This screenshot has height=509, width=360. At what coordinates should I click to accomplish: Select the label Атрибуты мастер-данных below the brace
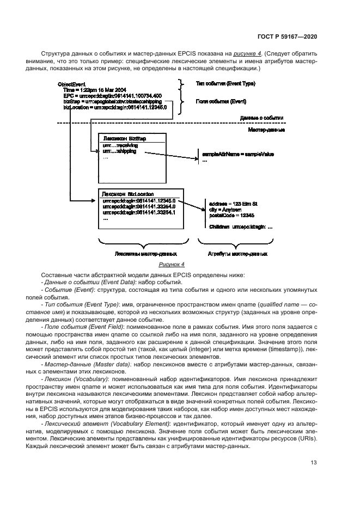tap(237, 253)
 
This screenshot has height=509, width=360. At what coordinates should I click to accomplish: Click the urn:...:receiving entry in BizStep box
tap(120, 146)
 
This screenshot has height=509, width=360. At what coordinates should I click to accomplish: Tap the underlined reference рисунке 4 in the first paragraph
tap(247, 54)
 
